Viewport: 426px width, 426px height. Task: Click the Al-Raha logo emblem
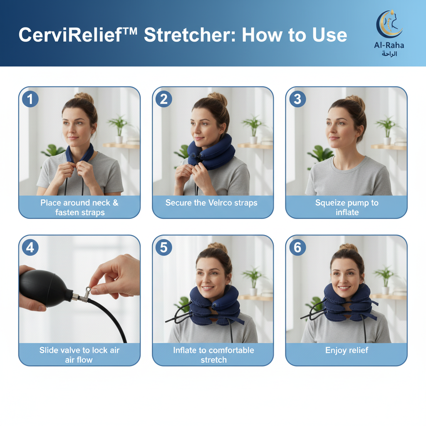click(x=389, y=24)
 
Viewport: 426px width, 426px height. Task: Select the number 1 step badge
click(x=30, y=99)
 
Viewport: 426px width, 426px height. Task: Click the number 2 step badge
click(x=163, y=99)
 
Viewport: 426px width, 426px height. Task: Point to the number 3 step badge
click(x=297, y=99)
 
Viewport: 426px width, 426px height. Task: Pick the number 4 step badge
click(x=30, y=247)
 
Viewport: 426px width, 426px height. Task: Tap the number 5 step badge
click(x=163, y=247)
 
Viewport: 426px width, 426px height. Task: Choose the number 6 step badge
click(x=297, y=247)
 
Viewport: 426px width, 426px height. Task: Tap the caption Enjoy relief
click(x=347, y=350)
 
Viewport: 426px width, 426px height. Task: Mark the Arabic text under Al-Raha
click(x=389, y=54)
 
